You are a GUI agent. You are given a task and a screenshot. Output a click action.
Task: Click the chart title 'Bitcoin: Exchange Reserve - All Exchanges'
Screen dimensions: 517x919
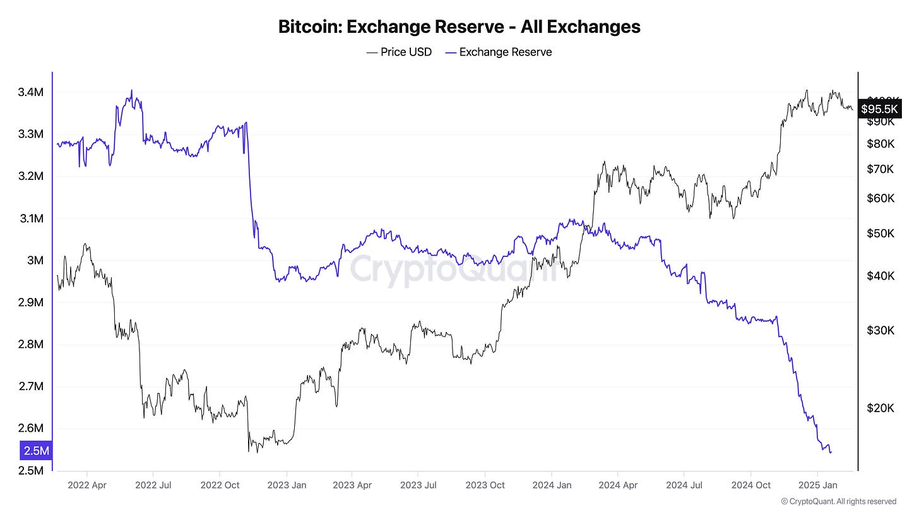(459, 27)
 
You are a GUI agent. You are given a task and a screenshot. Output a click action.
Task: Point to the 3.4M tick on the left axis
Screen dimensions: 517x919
(31, 92)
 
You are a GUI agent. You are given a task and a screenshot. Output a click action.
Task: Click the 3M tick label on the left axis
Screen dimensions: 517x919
(35, 261)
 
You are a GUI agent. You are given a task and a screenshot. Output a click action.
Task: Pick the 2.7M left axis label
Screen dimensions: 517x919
(31, 386)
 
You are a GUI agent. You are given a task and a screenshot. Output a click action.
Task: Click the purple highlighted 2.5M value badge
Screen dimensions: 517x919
(36, 451)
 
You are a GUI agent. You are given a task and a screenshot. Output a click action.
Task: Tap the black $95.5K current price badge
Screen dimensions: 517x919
(878, 109)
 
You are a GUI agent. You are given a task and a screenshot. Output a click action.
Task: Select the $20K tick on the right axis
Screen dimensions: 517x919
(881, 408)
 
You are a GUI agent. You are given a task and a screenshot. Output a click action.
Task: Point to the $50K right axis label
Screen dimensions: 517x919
(881, 234)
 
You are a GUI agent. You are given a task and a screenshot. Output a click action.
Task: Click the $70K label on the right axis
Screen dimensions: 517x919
(881, 169)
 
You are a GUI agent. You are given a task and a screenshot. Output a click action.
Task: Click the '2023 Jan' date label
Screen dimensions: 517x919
(287, 485)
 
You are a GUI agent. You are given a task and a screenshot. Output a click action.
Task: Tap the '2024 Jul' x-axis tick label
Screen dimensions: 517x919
(684, 485)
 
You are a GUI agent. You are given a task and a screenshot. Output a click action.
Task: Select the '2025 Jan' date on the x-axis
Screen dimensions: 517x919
(818, 485)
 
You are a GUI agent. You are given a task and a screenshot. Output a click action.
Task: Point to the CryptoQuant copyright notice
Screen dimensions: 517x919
(838, 501)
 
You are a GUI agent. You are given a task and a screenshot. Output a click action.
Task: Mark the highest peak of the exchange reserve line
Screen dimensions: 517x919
(131, 90)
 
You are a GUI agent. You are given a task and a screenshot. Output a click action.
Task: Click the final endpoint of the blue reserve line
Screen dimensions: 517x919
(831, 452)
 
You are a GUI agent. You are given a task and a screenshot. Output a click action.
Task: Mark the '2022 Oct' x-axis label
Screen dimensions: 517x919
(219, 485)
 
